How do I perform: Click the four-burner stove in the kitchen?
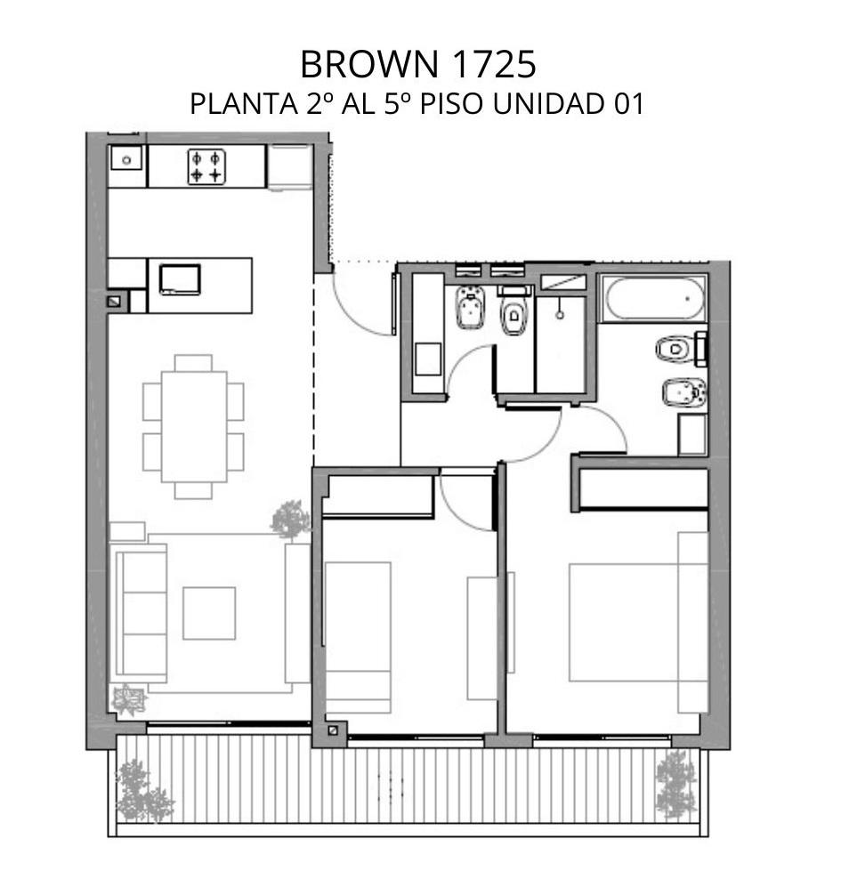point(206,166)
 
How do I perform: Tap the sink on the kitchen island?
point(180,279)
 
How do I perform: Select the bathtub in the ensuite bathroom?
point(654,298)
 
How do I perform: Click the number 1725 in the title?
point(493,64)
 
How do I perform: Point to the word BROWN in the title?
point(370,64)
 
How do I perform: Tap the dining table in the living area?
point(194,427)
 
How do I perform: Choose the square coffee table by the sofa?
point(209,613)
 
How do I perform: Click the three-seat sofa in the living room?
point(141,613)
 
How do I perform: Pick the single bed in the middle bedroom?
point(358,637)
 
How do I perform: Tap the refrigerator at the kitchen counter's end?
point(290,167)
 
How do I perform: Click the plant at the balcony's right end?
point(676,786)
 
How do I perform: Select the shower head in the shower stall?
point(560,315)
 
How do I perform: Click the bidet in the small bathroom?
point(470,307)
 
